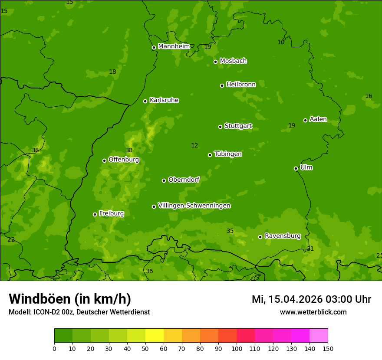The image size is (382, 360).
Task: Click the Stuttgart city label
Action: click(238, 126)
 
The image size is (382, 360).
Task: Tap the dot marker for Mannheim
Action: click(154, 48)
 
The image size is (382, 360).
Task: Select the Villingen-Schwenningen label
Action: click(194, 206)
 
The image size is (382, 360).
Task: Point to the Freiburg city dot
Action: click(95, 214)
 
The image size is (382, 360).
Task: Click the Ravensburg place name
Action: click(282, 236)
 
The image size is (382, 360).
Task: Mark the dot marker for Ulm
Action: click(296, 168)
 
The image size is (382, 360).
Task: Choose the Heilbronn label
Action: click(241, 85)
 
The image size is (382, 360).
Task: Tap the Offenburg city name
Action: click(124, 160)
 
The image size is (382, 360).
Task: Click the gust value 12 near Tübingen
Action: click(194, 146)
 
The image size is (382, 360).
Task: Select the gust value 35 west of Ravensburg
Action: click(230, 231)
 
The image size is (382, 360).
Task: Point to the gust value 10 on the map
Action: click(281, 42)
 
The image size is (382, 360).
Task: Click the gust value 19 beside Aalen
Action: click(292, 126)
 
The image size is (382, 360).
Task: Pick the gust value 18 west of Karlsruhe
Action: click(112, 72)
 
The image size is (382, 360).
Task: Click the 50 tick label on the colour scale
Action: click(145, 348)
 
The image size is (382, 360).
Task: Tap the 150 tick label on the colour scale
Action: click(328, 348)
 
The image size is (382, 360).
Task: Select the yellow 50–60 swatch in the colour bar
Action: click(155, 336)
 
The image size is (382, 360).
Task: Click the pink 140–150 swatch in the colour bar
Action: click(319, 336)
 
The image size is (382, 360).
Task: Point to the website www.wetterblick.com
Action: click(313, 312)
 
